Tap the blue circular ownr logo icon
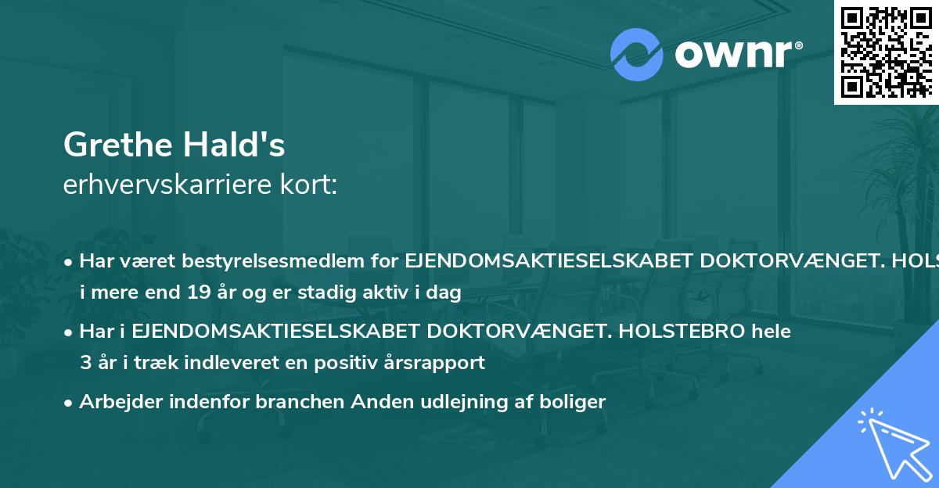[636, 55]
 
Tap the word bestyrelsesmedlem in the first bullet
[273, 261]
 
